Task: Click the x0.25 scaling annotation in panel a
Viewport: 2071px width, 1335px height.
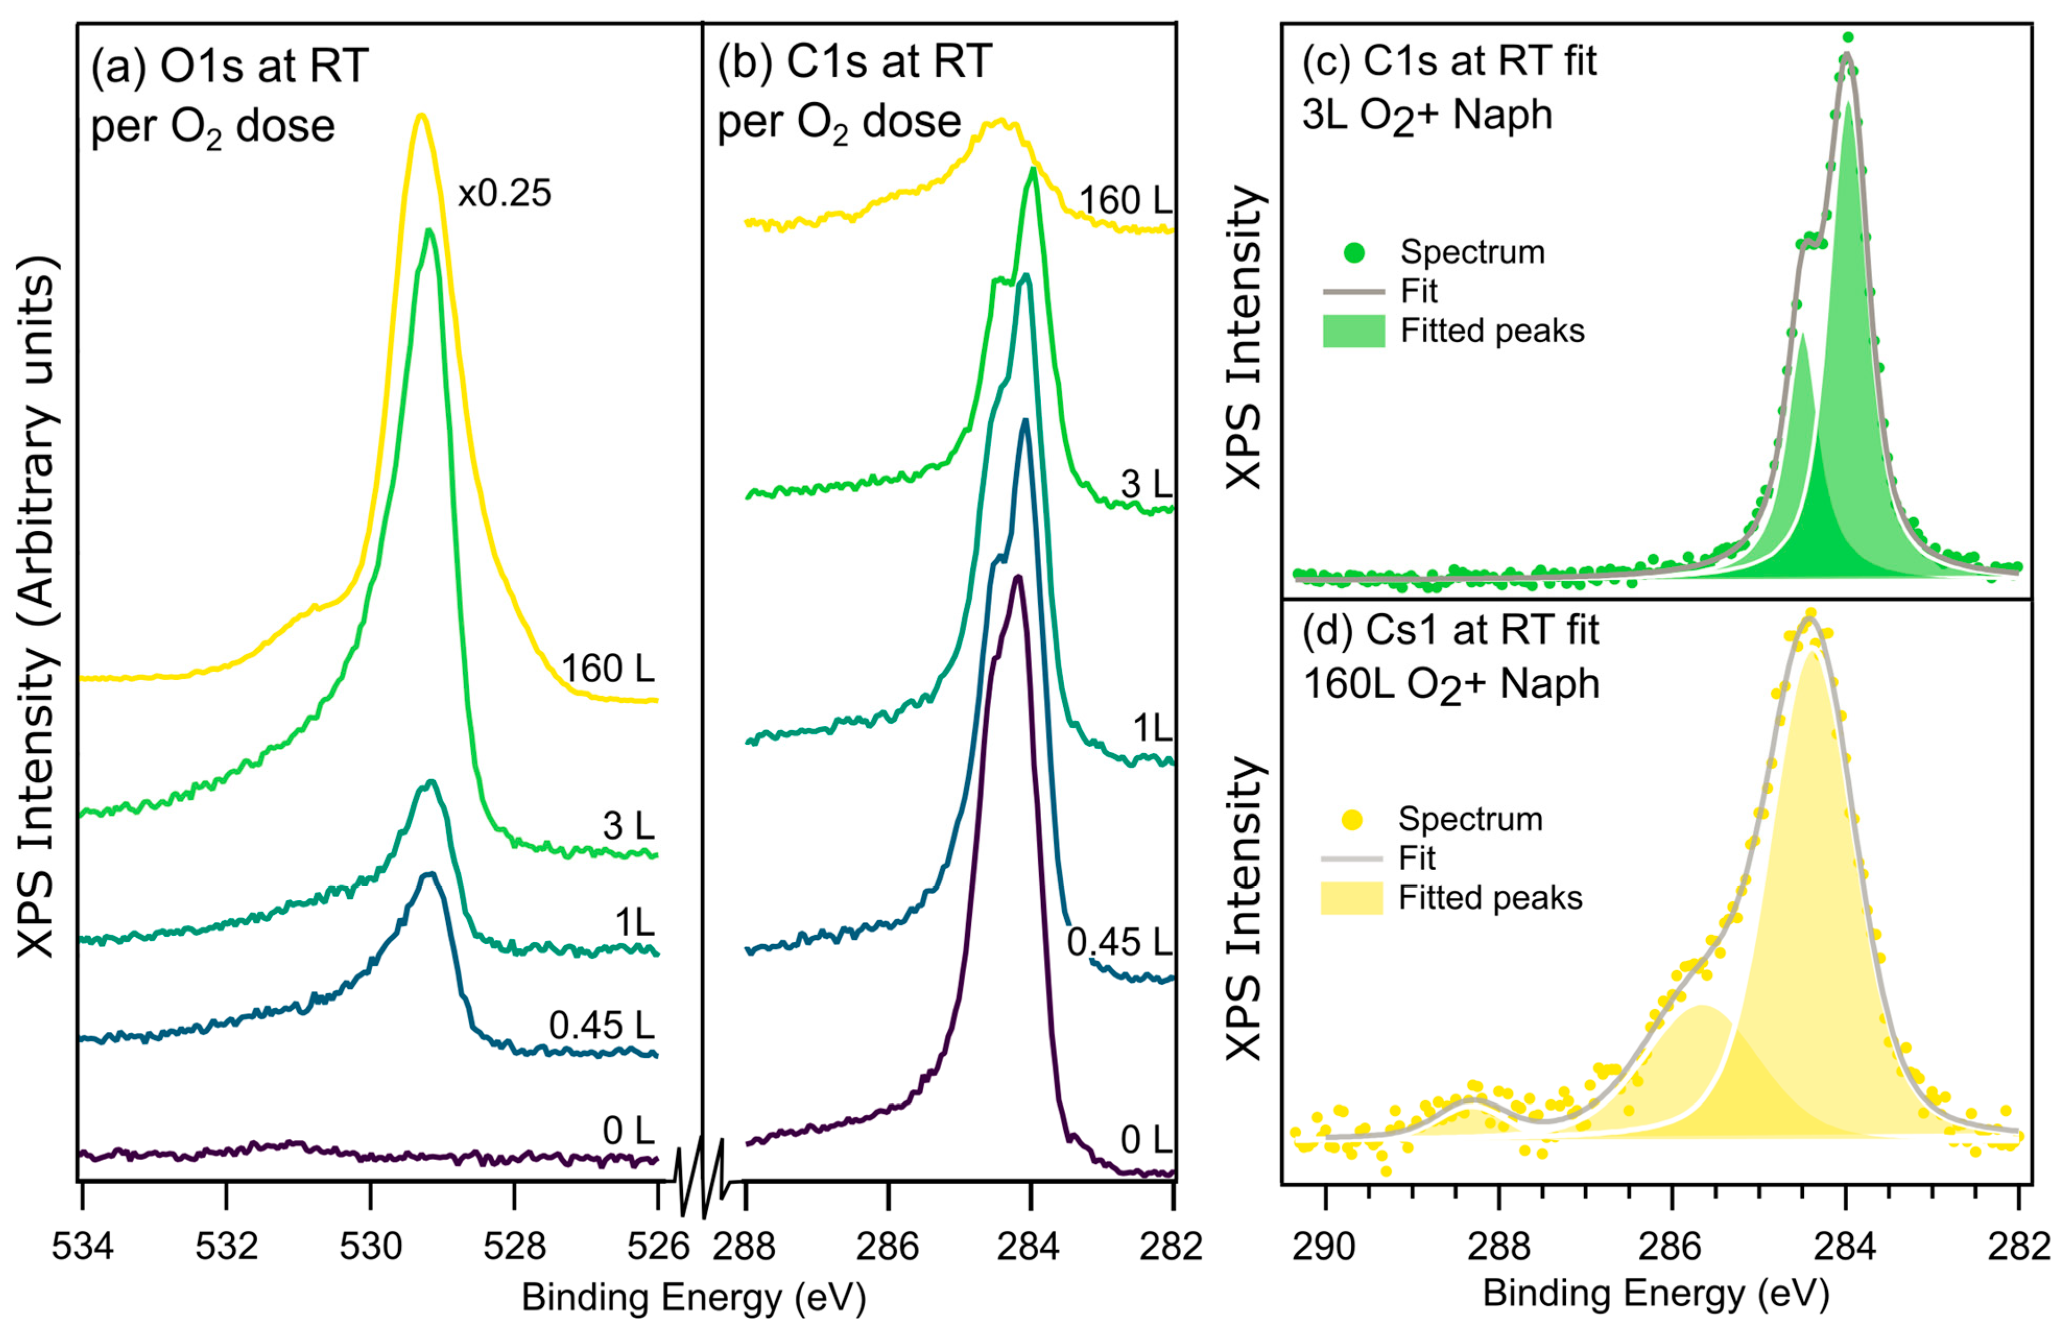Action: [505, 193]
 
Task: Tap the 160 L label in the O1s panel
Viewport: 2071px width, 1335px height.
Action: [607, 669]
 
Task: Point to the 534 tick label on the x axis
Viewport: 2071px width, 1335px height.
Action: [81, 1247]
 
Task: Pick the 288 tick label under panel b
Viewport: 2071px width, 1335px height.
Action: [747, 1247]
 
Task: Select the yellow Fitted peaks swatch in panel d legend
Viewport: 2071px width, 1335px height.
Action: [1351, 898]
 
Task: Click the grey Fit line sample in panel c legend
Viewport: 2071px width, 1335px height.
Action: [1353, 291]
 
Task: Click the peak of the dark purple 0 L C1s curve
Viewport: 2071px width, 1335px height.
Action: [1018, 577]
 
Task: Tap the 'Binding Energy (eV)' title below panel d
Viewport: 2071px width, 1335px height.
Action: [1656, 1293]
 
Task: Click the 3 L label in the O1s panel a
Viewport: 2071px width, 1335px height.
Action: [628, 826]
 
